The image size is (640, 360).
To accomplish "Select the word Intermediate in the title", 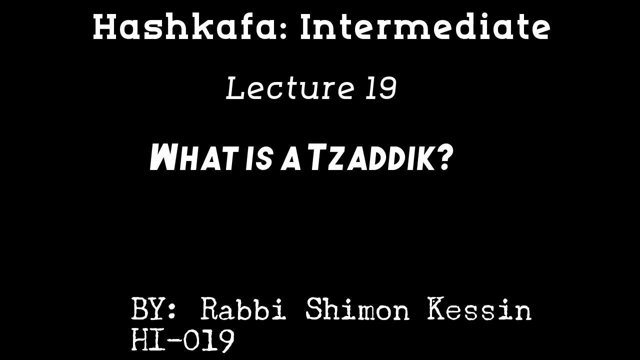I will coord(425,27).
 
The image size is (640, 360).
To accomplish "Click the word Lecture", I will coord(290,88).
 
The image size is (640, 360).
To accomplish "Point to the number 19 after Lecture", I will coord(381,88).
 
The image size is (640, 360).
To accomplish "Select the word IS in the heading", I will coord(259,158).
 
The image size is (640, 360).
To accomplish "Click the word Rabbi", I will coord(243,309).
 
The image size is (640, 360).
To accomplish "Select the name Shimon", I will coord(357,309).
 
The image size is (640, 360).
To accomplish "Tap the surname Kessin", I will coord(479,309).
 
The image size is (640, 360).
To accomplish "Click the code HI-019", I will coord(182,340).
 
